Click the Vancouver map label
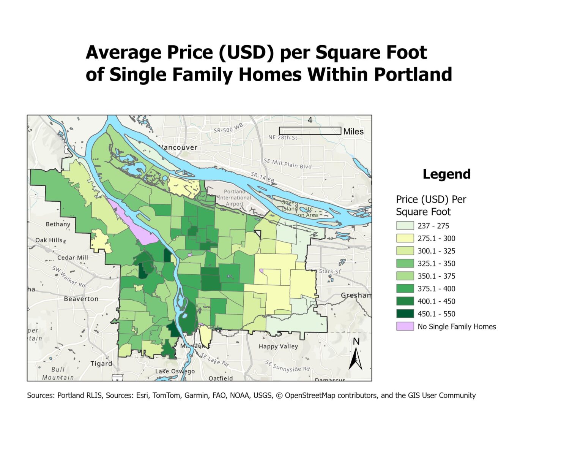point(178,147)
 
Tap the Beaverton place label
point(81,299)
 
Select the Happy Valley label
point(278,347)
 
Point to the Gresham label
point(356,295)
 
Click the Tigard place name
point(101,364)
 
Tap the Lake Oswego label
point(175,371)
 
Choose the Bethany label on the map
point(58,224)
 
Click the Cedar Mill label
point(72,258)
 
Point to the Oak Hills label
point(49,240)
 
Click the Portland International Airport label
point(235,198)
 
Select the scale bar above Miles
point(310,131)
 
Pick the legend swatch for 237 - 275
point(405,226)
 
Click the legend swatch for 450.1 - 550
point(405,314)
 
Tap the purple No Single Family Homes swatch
point(405,326)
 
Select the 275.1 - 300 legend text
point(436,238)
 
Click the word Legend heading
point(446,174)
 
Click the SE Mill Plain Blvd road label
point(288,164)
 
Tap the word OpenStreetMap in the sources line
point(310,396)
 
